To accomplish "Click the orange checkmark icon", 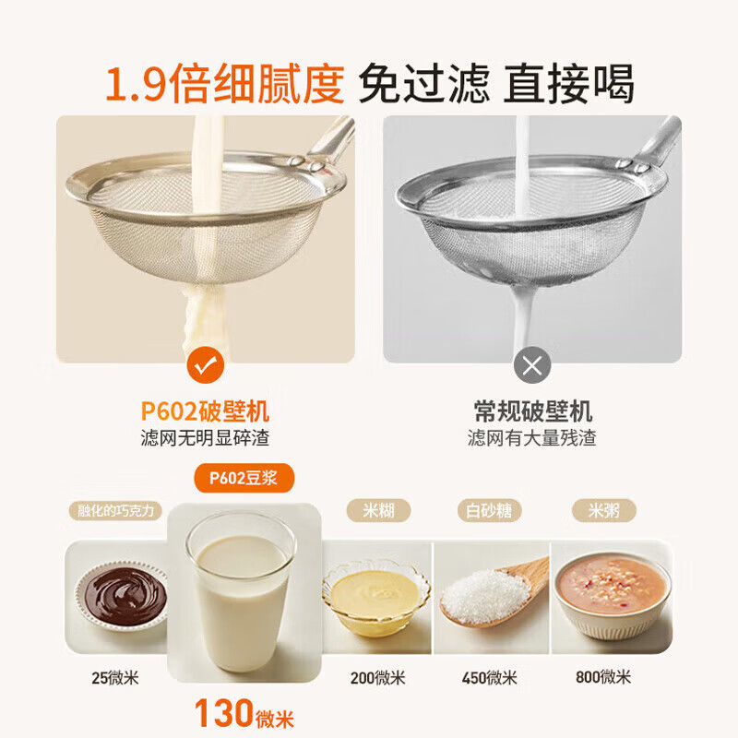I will pyautogui.click(x=206, y=366).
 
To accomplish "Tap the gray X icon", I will pyautogui.click(x=532, y=366).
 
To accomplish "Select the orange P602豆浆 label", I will pyautogui.click(x=244, y=478).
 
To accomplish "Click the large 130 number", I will pyautogui.click(x=224, y=713).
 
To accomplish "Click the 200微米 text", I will pyautogui.click(x=377, y=678).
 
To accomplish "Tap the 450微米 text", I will pyautogui.click(x=490, y=678).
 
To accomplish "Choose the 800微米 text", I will pyautogui.click(x=603, y=677).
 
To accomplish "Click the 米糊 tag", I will pyautogui.click(x=377, y=510).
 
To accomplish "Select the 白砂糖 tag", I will pyautogui.click(x=490, y=510).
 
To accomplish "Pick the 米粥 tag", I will pyautogui.click(x=603, y=510).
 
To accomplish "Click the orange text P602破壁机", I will pyautogui.click(x=206, y=411).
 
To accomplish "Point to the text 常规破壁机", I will pyautogui.click(x=532, y=411).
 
